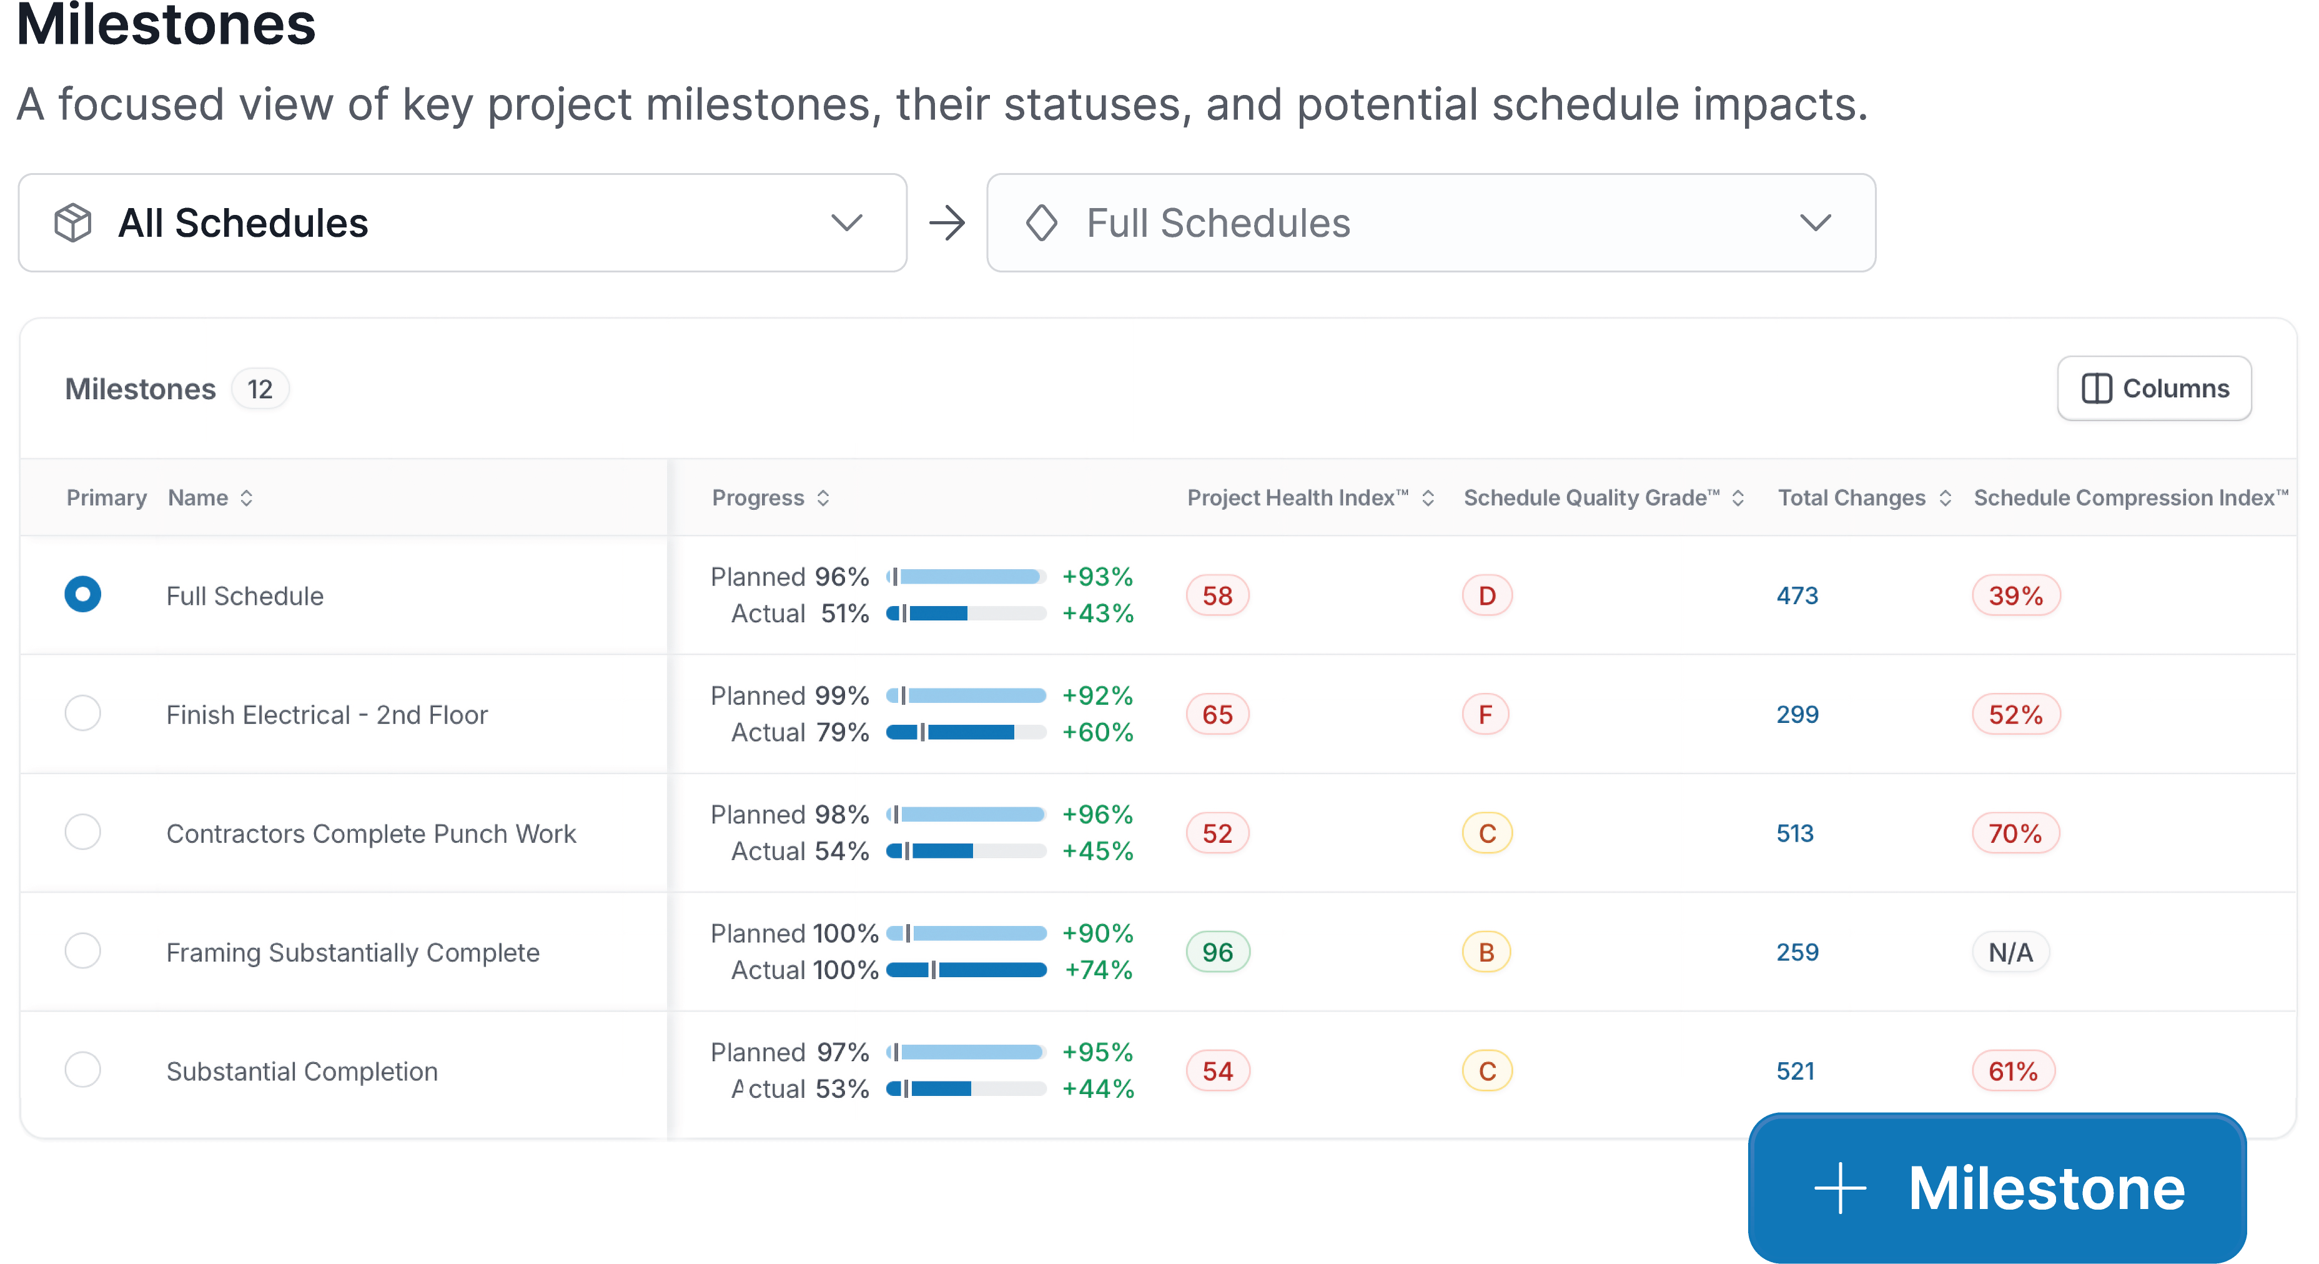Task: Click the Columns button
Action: pos(2154,388)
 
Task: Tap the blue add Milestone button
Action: pos(1997,1188)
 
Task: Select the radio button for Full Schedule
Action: pos(83,594)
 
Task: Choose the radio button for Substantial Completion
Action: pos(83,1070)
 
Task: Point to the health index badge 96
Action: pos(1217,952)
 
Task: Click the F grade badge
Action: pos(1485,714)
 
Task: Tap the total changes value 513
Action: pos(1795,833)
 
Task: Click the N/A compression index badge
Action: pos(2010,952)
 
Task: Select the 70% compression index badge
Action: pos(2015,833)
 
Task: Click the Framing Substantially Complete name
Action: pos(353,952)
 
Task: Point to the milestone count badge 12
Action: pos(260,389)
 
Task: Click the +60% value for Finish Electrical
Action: pos(1097,732)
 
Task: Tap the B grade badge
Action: pos(1486,952)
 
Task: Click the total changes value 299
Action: pos(1797,714)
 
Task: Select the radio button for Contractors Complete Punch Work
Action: pos(83,832)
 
